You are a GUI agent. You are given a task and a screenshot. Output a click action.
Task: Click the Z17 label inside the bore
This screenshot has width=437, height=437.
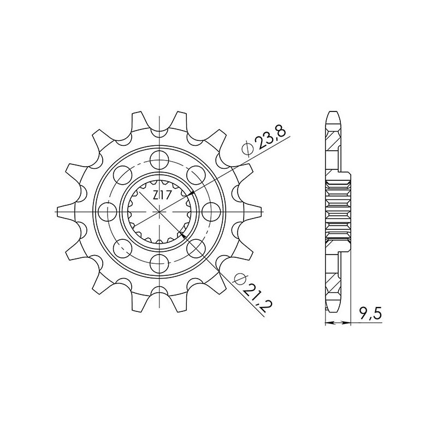(159, 196)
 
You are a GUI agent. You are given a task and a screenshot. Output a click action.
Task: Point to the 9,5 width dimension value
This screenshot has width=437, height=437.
(370, 313)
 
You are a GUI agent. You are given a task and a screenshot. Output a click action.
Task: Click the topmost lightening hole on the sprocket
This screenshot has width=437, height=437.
(158, 160)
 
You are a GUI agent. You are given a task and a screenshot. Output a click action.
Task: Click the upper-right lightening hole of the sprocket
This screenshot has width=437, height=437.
(194, 175)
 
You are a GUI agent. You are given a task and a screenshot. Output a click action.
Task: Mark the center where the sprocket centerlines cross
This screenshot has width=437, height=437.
(158, 211)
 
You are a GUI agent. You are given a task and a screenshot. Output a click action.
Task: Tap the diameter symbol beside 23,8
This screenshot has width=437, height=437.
(247, 148)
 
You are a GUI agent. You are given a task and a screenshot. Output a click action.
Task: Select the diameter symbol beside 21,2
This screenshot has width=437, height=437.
(238, 281)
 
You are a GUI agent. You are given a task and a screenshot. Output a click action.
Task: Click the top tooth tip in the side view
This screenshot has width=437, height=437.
(333, 116)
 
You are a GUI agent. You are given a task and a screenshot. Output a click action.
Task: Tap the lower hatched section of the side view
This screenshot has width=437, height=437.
(333, 284)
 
